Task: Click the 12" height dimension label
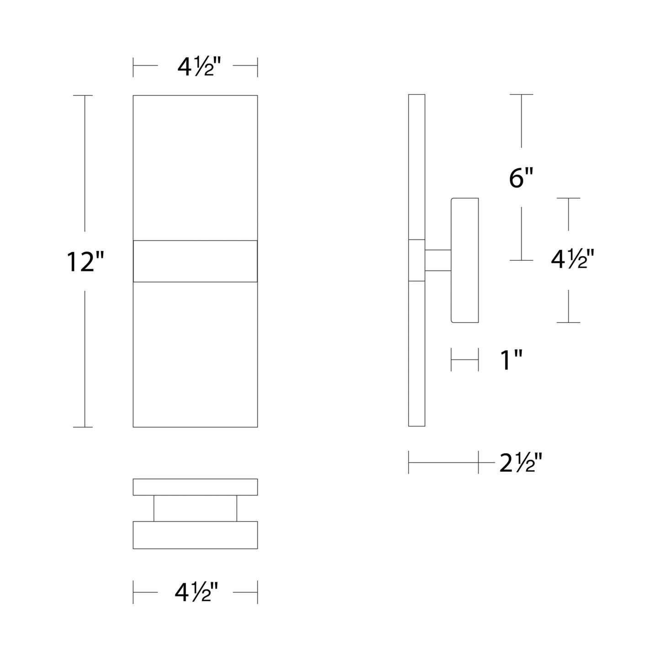[x=85, y=262]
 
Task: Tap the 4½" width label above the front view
[x=195, y=67]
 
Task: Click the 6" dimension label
[x=521, y=178]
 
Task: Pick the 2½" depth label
[x=520, y=464]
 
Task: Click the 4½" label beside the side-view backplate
[x=572, y=260]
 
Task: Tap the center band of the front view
[x=195, y=261]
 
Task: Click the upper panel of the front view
[x=195, y=167]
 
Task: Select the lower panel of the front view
[x=195, y=354]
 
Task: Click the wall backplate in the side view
[x=465, y=260]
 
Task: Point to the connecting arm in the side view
[x=438, y=260]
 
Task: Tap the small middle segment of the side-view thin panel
[x=417, y=260]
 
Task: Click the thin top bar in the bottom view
[x=195, y=487]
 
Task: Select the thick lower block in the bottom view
[x=195, y=535]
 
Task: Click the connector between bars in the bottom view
[x=195, y=508]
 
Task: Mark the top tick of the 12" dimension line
[x=83, y=95]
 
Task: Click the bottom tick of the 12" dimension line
[x=83, y=427]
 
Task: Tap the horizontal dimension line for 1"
[x=465, y=359]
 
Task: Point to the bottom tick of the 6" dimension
[x=521, y=260]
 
